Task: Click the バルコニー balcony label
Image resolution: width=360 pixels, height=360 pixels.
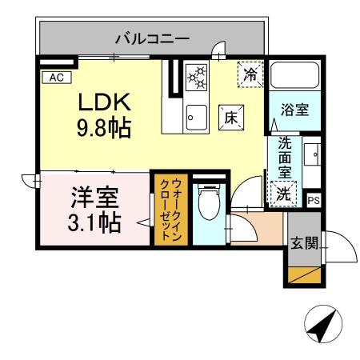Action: tap(151, 37)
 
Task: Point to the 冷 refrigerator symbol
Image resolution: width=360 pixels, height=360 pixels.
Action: tap(250, 76)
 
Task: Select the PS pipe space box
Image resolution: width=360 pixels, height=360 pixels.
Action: tap(314, 201)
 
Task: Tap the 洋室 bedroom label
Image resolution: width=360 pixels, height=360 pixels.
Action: tap(94, 195)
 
